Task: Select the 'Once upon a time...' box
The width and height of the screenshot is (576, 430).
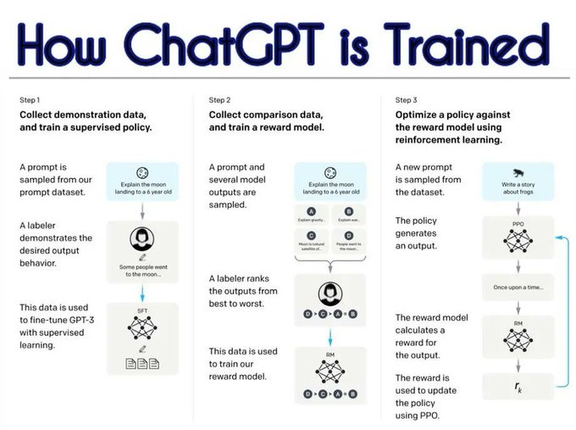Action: click(x=517, y=288)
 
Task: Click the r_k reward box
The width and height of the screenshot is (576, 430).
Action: click(x=517, y=387)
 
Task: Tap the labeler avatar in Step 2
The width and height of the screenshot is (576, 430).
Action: click(x=330, y=294)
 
